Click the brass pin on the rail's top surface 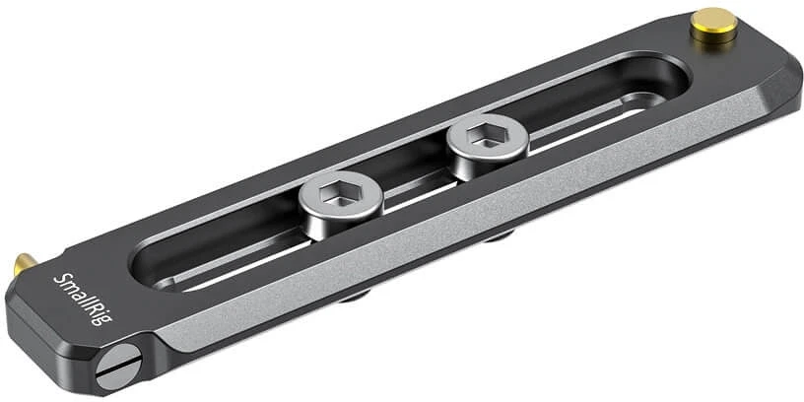[x=713, y=25]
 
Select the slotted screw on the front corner [x=118, y=367]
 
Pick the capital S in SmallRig [x=60, y=281]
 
